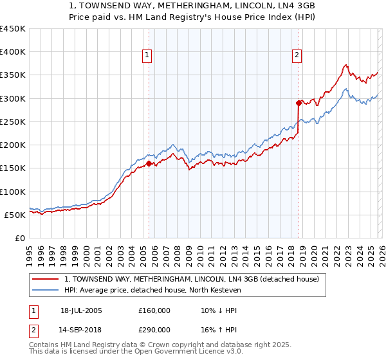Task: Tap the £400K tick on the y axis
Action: click(13, 52)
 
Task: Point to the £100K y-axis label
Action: click(13, 192)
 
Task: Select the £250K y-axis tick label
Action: click(13, 122)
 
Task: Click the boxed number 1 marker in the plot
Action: click(147, 56)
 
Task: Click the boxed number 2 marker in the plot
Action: click(297, 56)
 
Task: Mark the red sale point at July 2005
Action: click(149, 164)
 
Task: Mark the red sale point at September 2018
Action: click(299, 103)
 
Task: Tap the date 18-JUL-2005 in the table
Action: click(81, 310)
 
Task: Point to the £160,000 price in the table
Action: click(154, 310)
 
